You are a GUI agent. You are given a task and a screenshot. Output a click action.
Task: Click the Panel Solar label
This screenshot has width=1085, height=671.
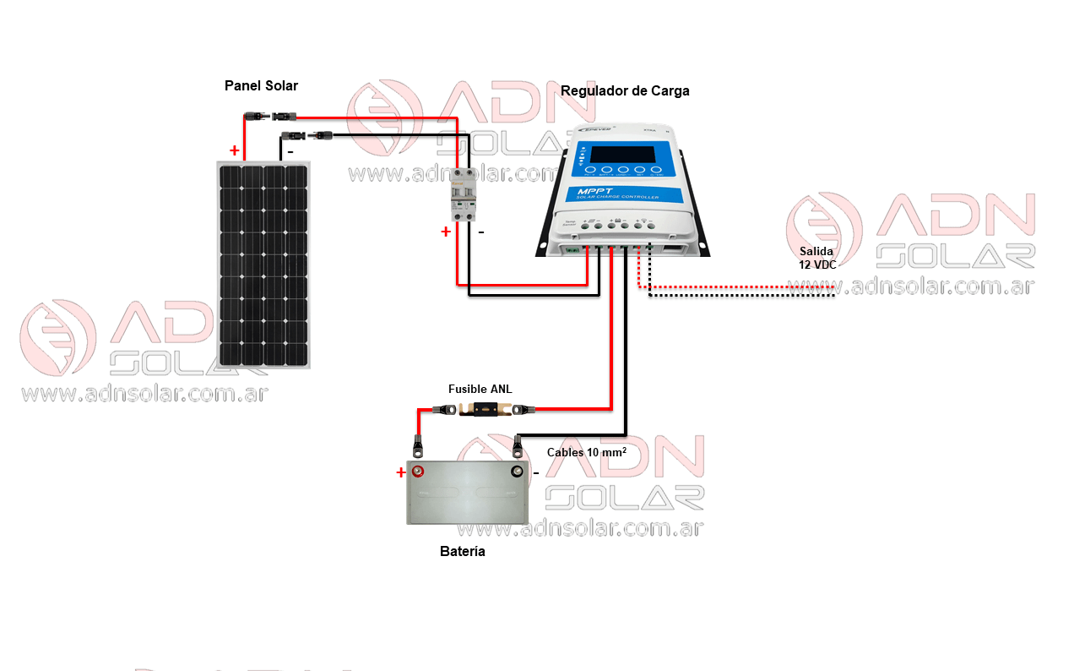tap(261, 85)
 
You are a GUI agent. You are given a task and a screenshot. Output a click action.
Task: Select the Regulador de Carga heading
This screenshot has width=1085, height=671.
tap(625, 90)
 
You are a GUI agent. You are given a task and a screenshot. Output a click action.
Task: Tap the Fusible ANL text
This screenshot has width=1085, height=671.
tap(480, 390)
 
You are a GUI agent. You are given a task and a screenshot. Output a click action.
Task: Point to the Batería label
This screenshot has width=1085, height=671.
tap(463, 552)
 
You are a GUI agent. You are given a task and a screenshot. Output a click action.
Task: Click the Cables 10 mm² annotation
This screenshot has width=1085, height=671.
tap(586, 452)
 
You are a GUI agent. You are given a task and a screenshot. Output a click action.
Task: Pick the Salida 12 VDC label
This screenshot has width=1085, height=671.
tap(816, 258)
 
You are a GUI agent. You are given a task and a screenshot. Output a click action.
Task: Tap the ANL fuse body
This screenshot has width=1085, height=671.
tap(480, 410)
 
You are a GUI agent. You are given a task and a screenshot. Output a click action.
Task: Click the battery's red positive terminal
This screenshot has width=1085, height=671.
tap(417, 471)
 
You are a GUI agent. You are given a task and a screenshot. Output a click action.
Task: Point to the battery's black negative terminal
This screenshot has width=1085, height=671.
tap(517, 471)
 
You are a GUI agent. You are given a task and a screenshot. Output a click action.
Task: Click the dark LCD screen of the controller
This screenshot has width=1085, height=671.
tap(621, 155)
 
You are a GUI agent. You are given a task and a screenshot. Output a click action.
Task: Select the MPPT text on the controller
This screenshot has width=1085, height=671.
tap(597, 192)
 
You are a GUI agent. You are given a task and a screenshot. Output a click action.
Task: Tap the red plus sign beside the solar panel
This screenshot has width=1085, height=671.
tap(234, 151)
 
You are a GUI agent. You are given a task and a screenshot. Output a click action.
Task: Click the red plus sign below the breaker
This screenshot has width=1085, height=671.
tap(445, 232)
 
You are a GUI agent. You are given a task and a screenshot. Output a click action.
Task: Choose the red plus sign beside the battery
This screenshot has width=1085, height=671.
tap(400, 472)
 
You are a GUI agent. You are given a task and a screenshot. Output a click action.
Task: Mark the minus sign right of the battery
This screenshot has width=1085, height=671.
tap(535, 473)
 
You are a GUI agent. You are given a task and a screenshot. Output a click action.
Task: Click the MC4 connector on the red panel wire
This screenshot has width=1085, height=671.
tap(271, 115)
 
